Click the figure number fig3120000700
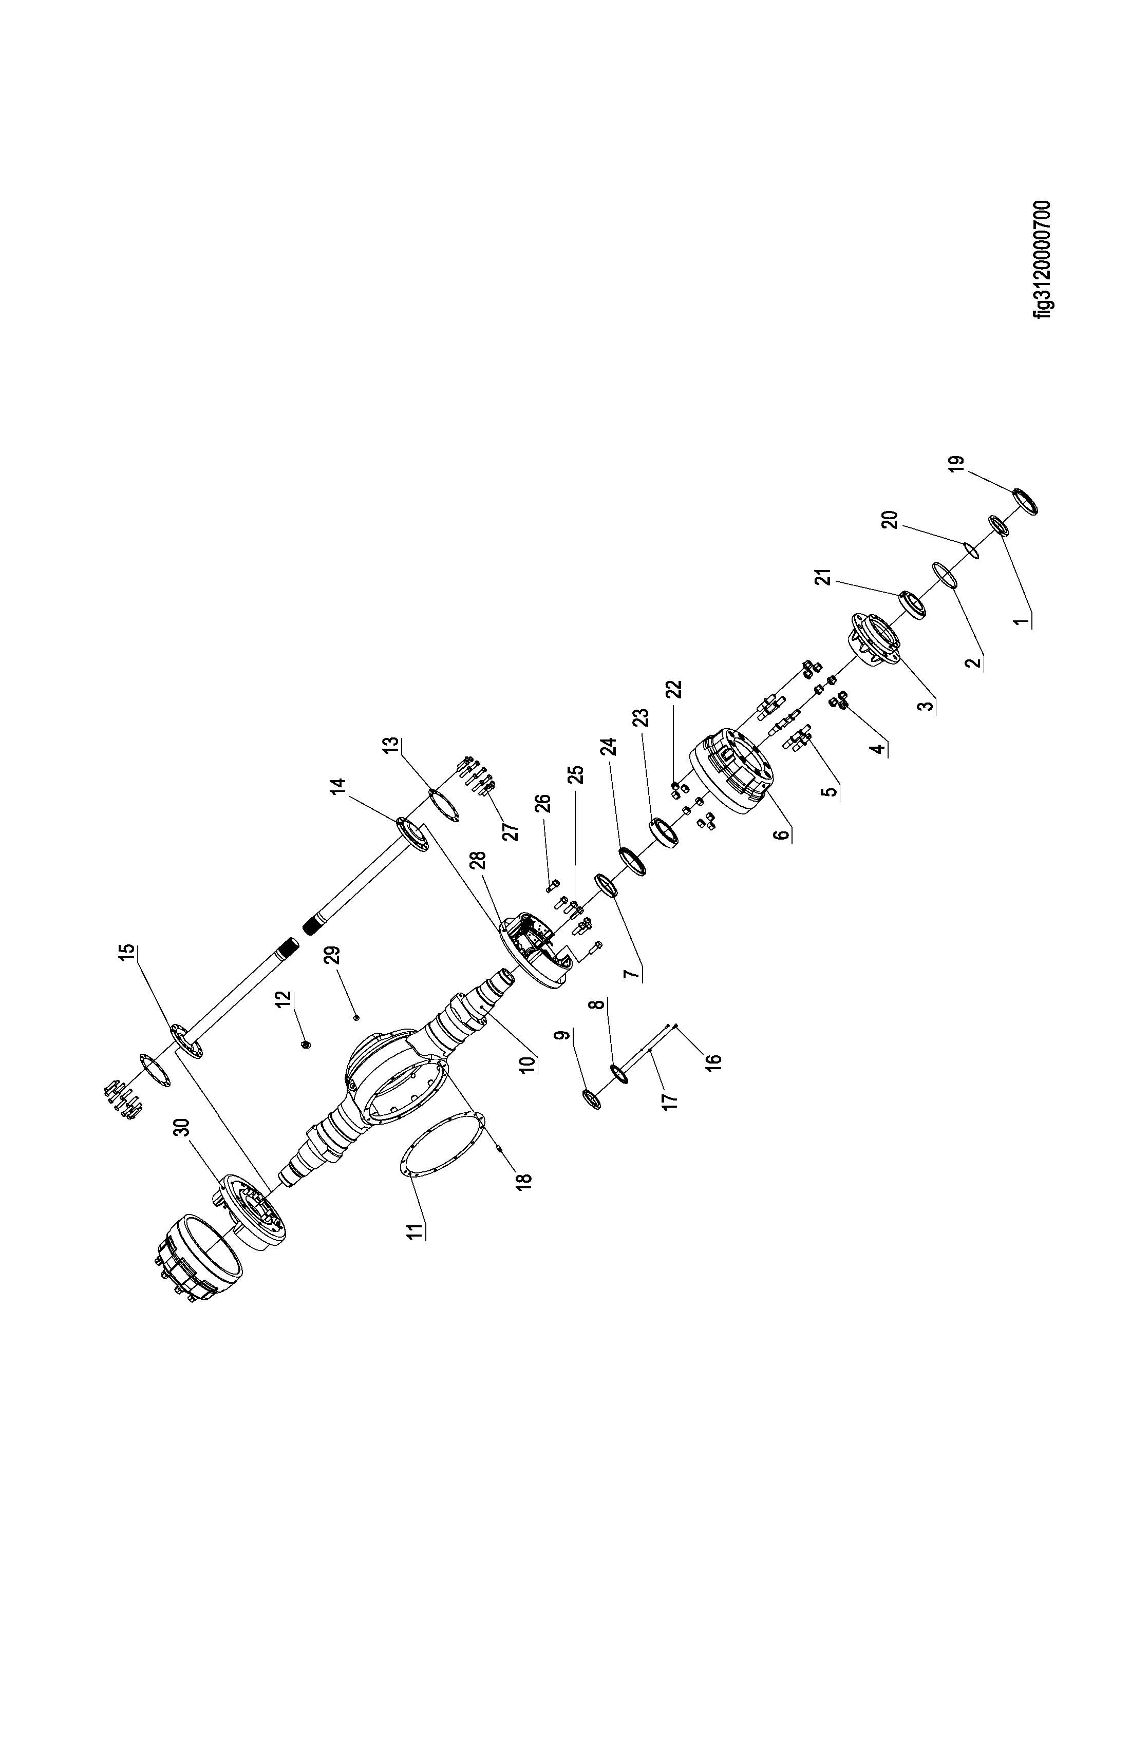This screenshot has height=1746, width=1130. point(1041,260)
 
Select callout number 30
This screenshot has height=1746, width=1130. point(181,1127)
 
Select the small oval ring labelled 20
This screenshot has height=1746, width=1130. point(969,549)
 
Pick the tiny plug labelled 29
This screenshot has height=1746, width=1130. point(356,1017)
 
